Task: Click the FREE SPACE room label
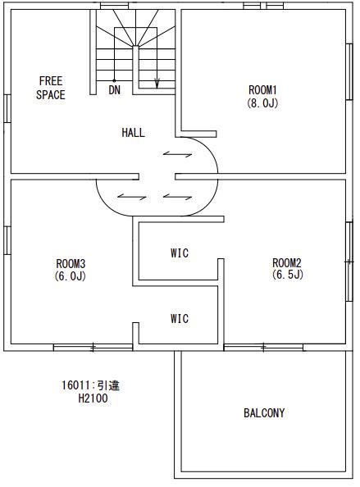[51, 88]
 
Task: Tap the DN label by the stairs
[114, 90]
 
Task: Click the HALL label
[133, 133]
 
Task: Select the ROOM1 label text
[262, 90]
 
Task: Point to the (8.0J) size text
[262, 102]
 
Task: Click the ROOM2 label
[287, 263]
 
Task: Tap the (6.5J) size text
[287, 275]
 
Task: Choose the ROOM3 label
[71, 264]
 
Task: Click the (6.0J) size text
[71, 275]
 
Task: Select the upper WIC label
[180, 253]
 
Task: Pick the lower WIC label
[180, 319]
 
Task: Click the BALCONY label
[264, 413]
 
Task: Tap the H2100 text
[93, 398]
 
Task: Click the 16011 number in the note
[75, 385]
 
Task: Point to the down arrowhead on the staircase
[157, 84]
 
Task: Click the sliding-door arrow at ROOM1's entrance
[177, 154]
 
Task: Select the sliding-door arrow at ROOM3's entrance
[132, 197]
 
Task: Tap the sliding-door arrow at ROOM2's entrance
[177, 197]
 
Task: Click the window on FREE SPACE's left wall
[7, 109]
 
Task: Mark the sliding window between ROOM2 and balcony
[264, 348]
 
